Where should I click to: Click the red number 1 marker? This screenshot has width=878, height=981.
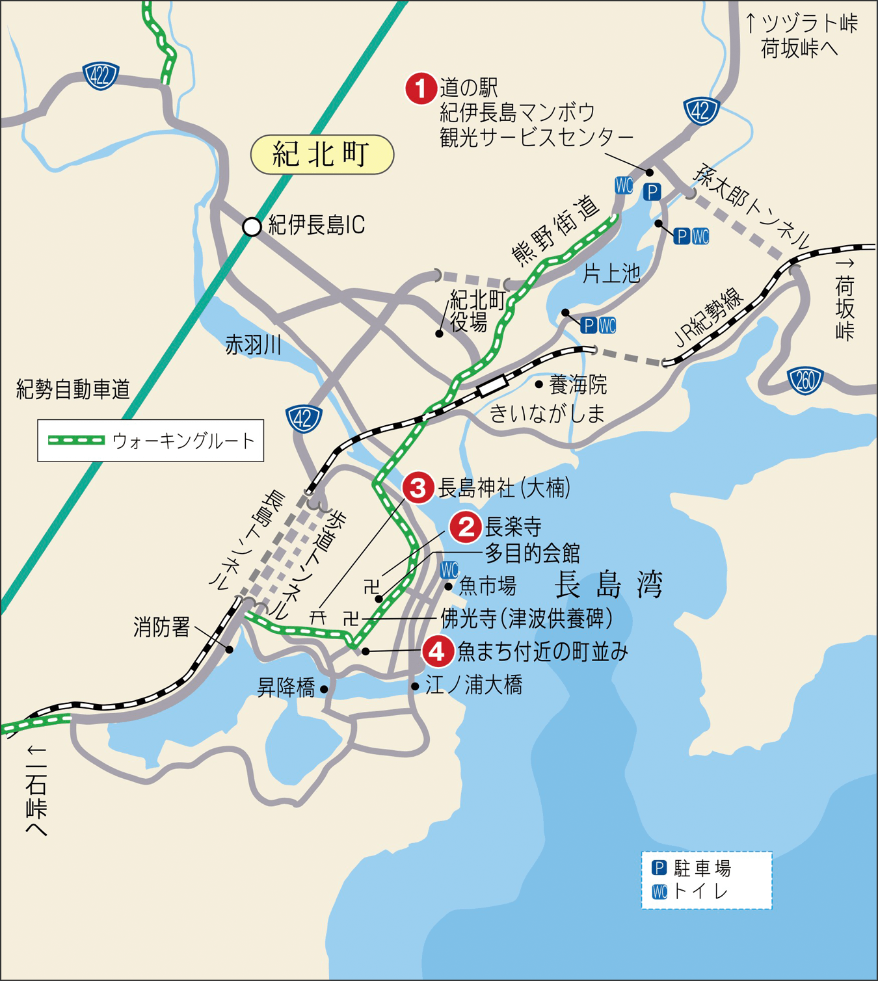coord(421,88)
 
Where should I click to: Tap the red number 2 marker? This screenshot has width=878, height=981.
coord(465,527)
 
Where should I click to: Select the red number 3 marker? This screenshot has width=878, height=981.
coord(418,488)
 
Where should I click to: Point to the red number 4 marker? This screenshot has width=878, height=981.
coord(438,651)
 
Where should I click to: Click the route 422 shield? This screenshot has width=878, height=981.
coord(100,75)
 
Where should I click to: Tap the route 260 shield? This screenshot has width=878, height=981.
coord(805,381)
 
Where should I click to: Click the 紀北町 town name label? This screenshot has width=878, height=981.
coord(322,155)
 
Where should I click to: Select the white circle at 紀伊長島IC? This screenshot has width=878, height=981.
coord(252,226)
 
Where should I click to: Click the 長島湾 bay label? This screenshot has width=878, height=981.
coord(608,584)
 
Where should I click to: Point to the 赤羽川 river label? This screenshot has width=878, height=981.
coord(254,345)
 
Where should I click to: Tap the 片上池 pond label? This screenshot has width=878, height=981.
coord(611,274)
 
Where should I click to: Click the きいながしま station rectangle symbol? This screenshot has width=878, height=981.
coord(492,386)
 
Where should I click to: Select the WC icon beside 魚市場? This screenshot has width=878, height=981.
coord(449,570)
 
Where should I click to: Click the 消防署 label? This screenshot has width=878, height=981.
coord(162,627)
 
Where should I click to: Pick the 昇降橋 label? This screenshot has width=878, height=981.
coord(286,687)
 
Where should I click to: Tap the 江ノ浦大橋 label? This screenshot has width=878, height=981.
coord(473,685)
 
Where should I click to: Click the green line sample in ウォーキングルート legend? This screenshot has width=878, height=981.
coord(77,441)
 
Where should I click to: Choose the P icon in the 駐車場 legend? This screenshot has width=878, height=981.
coord(659,868)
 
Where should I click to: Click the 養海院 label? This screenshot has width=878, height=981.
coord(578,385)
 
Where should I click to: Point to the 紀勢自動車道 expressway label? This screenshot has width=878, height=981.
coord(73,389)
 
